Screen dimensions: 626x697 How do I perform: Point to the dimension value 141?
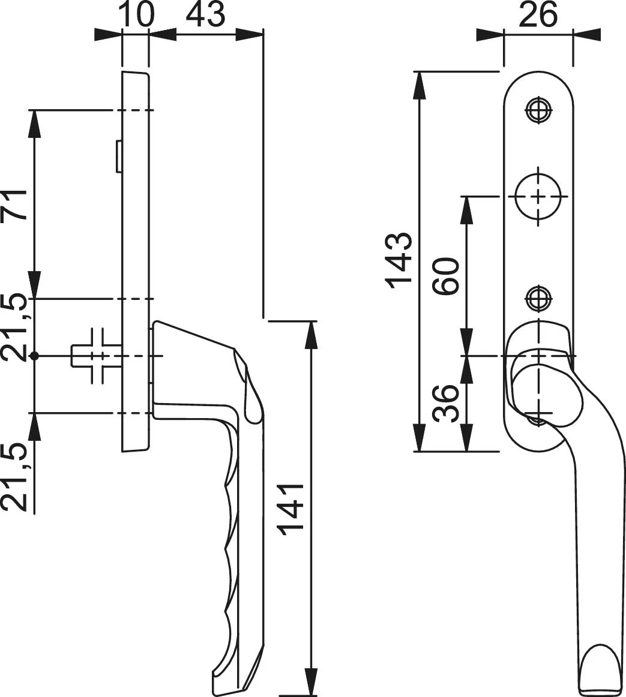point(290,506)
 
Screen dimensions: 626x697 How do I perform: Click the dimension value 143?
point(399,260)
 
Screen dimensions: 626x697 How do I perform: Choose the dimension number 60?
point(446,275)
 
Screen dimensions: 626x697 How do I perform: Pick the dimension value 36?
point(446,404)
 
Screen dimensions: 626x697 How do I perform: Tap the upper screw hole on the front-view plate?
point(538,109)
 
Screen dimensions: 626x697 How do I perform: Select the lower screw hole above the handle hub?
point(538,299)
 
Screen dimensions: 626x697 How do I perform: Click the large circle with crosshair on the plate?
point(538,196)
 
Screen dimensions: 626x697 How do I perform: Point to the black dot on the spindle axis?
point(35,356)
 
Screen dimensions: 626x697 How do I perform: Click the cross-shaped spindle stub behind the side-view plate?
point(95,356)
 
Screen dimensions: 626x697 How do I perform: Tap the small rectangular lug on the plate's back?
point(119,156)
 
